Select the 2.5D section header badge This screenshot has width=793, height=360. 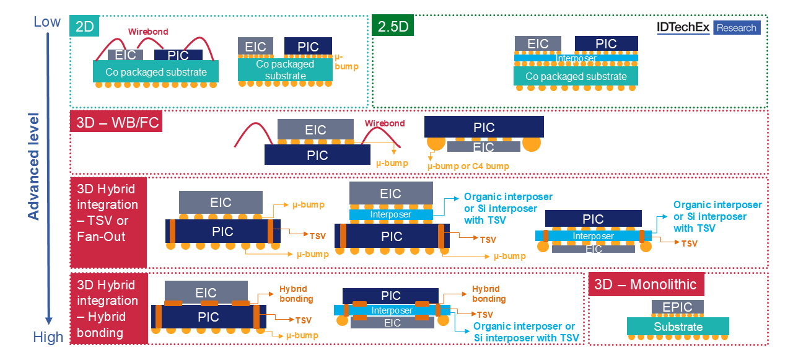(x=392, y=26)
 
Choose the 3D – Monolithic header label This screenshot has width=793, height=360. (x=645, y=284)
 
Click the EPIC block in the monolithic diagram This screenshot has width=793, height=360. (x=677, y=307)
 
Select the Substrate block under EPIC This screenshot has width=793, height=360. (x=678, y=327)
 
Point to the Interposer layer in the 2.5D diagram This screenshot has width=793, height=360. (x=576, y=58)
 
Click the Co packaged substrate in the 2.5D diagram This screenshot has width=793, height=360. (x=576, y=77)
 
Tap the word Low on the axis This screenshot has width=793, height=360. (x=47, y=22)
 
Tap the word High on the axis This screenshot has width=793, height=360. (x=48, y=337)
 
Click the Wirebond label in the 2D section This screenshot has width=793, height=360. (x=148, y=31)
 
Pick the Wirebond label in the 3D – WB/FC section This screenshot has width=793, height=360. (x=384, y=123)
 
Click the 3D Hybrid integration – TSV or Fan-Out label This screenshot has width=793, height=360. (x=108, y=212)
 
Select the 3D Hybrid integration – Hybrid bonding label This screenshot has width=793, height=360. (x=108, y=309)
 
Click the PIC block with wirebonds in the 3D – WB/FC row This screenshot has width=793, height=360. (x=317, y=155)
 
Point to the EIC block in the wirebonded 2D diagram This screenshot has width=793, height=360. (x=126, y=55)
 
